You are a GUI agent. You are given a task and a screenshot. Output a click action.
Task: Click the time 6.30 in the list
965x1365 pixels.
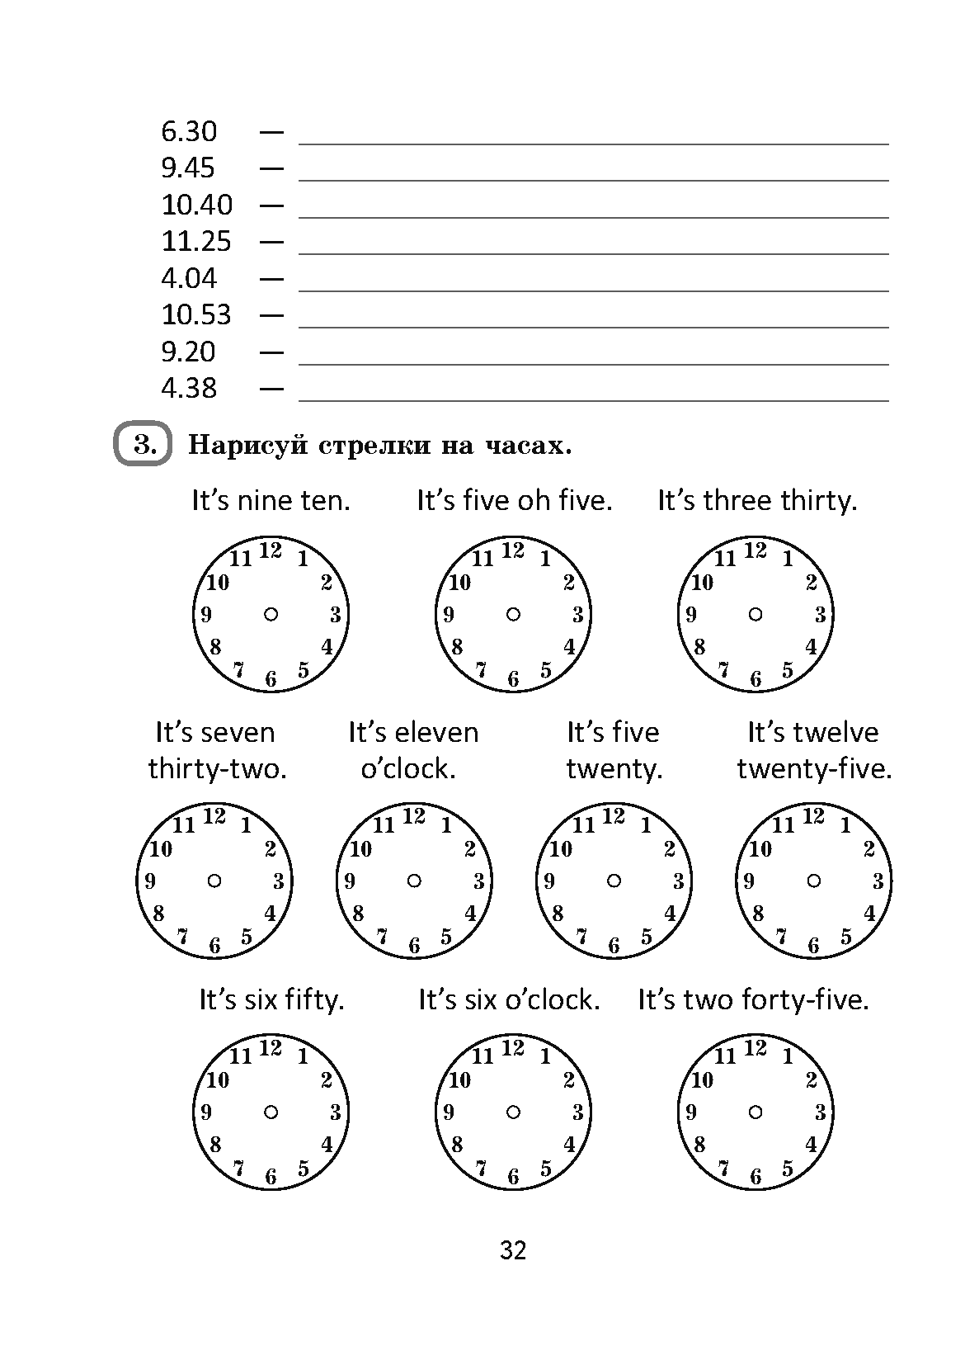pyautogui.click(x=189, y=131)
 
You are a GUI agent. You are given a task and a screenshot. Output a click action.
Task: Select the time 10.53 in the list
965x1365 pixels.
pyautogui.click(x=196, y=314)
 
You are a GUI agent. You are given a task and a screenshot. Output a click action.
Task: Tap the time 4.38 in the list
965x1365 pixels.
pyautogui.click(x=189, y=388)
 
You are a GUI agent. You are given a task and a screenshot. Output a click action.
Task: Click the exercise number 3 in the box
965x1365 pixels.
pyautogui.click(x=143, y=446)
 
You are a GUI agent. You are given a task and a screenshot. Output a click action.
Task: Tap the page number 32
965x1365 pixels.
pyautogui.click(x=512, y=1250)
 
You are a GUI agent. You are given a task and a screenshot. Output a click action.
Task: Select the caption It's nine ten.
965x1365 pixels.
pyautogui.click(x=271, y=500)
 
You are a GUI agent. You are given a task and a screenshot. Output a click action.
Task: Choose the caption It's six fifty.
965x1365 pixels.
pyautogui.click(x=271, y=999)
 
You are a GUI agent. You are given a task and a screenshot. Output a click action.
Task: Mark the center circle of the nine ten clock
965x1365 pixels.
pyautogui.click(x=271, y=614)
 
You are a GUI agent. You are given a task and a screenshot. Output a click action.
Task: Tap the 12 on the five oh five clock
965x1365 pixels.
pyautogui.click(x=513, y=550)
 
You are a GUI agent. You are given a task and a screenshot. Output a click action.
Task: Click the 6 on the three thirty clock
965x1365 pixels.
pyautogui.click(x=756, y=679)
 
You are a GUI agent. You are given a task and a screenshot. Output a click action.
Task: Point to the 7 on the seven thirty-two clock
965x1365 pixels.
pyautogui.click(x=183, y=936)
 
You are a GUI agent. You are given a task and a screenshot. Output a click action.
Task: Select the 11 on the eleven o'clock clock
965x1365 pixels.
pyautogui.click(x=384, y=824)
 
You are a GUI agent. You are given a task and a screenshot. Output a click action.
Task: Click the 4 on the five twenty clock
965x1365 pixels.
pyautogui.click(x=670, y=914)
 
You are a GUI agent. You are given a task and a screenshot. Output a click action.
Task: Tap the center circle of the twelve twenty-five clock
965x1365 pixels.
pyautogui.click(x=813, y=881)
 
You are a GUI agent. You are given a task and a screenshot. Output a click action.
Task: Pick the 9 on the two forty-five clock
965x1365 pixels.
pyautogui.click(x=691, y=1112)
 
